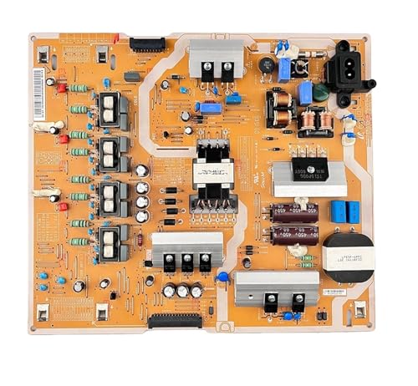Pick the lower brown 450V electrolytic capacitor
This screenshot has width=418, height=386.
(292, 236)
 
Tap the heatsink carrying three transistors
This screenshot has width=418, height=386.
(186, 251)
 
